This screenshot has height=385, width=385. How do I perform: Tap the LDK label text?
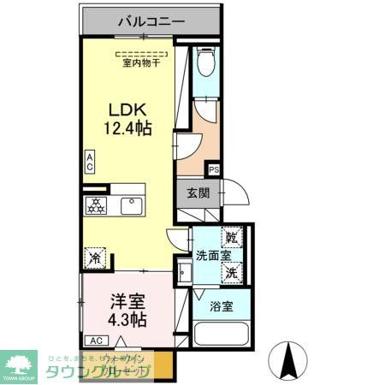(127, 110)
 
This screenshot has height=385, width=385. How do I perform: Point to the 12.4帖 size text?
(127, 130)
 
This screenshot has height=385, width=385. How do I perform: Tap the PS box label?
(214, 170)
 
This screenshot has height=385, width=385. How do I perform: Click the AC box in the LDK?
(89, 163)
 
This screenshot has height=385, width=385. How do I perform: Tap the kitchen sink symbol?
(131, 205)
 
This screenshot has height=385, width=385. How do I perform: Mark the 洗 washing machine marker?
(232, 273)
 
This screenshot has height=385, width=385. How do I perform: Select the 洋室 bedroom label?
(127, 301)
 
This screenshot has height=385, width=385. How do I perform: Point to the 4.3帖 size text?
(127, 321)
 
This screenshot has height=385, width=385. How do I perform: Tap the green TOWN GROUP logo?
(18, 364)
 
